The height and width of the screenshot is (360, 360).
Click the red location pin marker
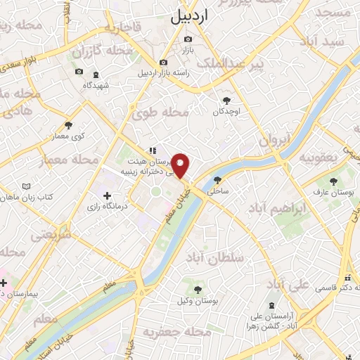pyautogui.click(x=181, y=165)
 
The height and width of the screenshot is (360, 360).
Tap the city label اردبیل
pyautogui.click(x=190, y=15)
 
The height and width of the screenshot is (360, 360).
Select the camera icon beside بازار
pyautogui.click(x=188, y=39)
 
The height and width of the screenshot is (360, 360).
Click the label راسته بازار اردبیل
pyautogui.click(x=163, y=73)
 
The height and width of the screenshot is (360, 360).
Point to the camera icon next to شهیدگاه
pyautogui.click(x=95, y=72)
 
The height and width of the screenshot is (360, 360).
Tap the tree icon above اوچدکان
pyautogui.click(x=226, y=101)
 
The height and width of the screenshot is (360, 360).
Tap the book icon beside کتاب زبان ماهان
pyautogui.click(x=27, y=187)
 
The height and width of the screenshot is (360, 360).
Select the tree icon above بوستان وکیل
pyautogui.click(x=199, y=289)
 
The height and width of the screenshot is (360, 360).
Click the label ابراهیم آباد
pyautogui.click(x=278, y=210)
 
